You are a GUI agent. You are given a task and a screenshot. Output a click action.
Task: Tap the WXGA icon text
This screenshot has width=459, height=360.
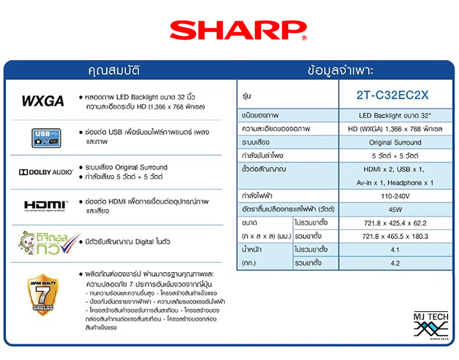pos(42,101)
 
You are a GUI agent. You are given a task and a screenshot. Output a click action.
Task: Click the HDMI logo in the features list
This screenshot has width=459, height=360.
pos(46,205)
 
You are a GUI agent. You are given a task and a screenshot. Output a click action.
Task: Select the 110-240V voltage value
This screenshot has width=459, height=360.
pos(396,195)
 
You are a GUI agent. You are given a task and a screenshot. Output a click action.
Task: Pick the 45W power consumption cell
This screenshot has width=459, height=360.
pos(396,209)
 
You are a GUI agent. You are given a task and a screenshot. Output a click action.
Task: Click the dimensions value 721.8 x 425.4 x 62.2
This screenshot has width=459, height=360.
pos(396,223)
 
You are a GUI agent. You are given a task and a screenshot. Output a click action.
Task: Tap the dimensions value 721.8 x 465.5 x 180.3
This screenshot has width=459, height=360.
pos(396,237)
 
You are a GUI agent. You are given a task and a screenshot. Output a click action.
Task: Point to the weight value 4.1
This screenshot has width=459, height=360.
pos(396,250)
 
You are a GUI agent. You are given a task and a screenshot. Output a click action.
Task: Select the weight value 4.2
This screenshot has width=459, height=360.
pos(396,264)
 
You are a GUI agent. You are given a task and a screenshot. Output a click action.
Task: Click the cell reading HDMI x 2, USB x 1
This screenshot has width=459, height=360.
pos(396,169)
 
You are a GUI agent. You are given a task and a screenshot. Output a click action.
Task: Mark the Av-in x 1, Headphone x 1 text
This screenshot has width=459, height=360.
pos(396,183)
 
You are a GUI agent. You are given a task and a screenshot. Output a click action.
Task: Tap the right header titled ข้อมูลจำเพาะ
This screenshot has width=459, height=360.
pos(340,72)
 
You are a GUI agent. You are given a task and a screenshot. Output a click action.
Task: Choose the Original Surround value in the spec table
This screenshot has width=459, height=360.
pos(396,142)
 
